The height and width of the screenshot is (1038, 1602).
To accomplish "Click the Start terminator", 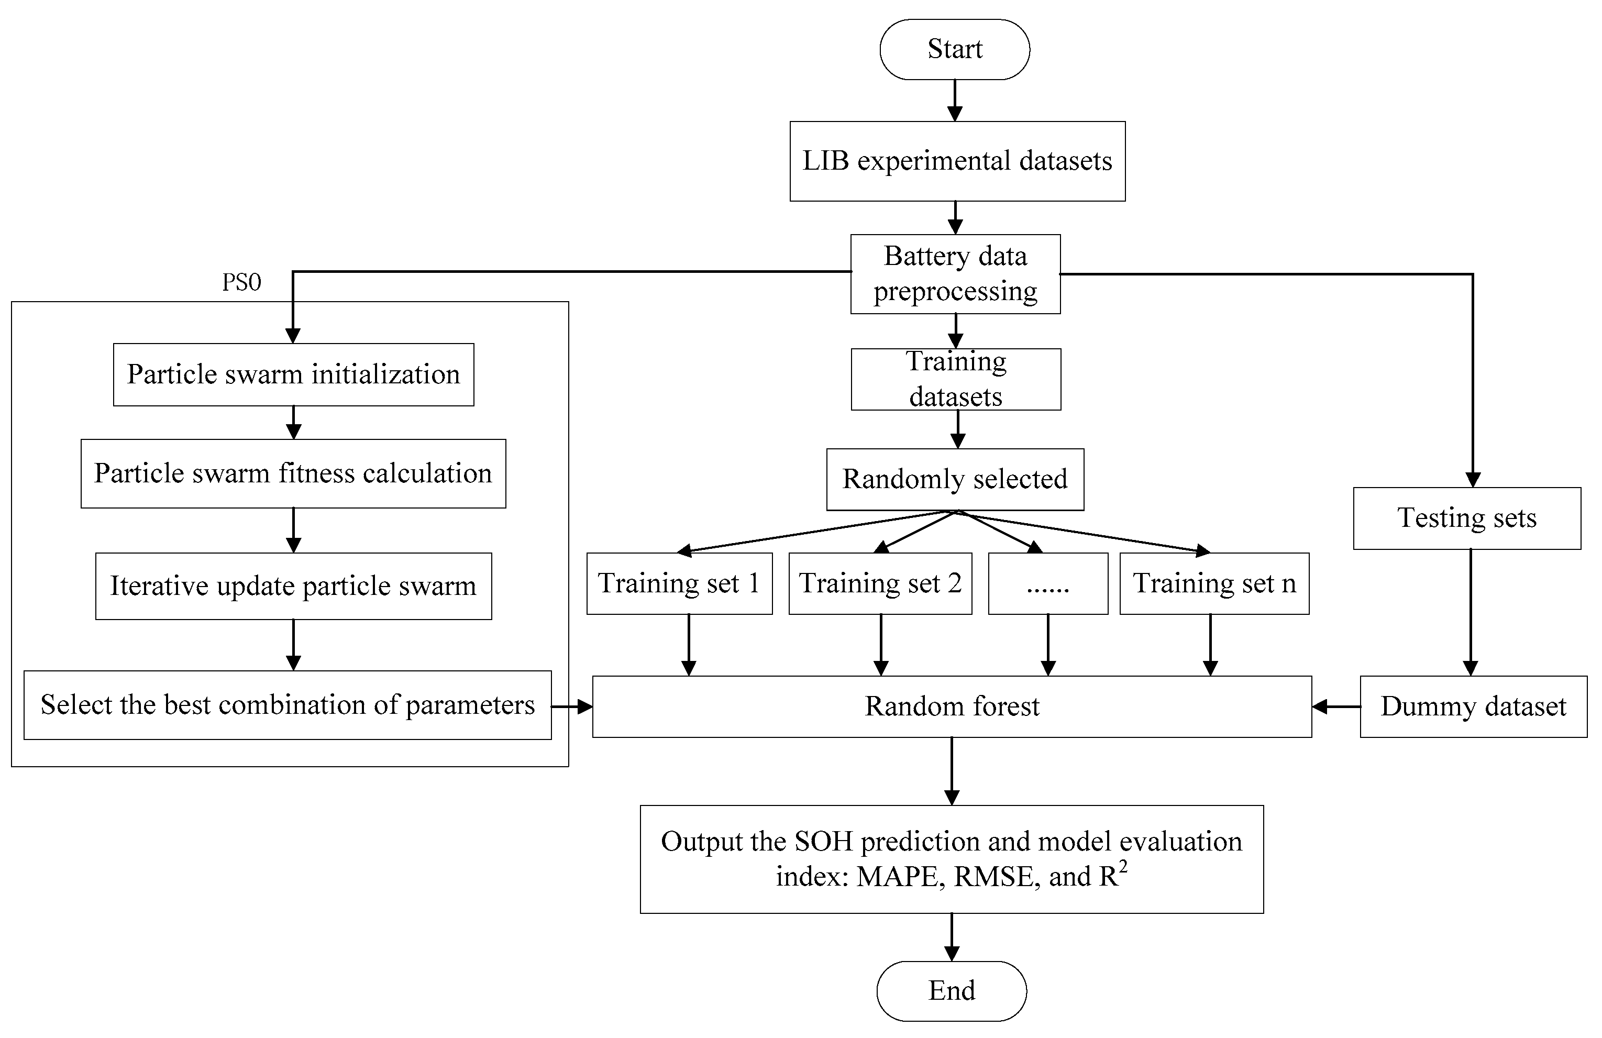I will [955, 49].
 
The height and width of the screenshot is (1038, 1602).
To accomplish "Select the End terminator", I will [951, 990].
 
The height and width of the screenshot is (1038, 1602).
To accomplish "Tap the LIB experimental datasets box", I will [957, 161].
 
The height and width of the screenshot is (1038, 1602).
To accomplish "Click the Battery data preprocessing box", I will [955, 274].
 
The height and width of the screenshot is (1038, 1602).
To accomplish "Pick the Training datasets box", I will [956, 379].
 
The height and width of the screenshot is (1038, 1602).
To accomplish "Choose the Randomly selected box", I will [955, 479].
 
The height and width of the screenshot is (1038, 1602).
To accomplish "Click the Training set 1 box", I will [679, 583].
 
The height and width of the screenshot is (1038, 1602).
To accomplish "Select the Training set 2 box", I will [880, 583].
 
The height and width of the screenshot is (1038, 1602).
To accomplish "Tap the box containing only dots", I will [1047, 583].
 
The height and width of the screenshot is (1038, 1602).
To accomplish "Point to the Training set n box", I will [1213, 583].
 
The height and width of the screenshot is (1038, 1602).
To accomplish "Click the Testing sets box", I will [1467, 517].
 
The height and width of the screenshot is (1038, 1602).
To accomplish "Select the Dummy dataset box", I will [1473, 706].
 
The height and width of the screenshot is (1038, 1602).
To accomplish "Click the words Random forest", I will [952, 706].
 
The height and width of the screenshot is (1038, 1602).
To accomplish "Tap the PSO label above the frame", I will [241, 282].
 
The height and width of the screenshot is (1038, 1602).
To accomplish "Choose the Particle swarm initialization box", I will [293, 374].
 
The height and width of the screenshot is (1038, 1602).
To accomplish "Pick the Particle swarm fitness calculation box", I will [293, 473].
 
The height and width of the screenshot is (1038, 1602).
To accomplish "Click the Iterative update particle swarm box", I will [293, 586].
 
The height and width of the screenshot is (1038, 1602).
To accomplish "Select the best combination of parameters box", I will [288, 705].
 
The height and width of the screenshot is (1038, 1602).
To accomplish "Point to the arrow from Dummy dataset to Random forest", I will [1335, 706].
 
